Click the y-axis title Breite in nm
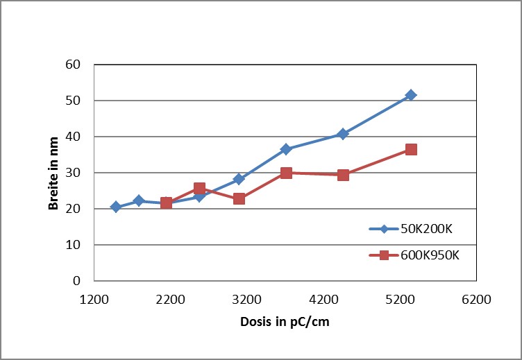[53, 173]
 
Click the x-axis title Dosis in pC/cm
[285, 323]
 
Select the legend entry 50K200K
[424, 228]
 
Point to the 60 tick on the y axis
[73, 65]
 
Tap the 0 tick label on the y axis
[77, 281]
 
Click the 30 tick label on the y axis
[73, 173]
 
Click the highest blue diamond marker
[411, 95]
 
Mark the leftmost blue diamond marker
[116, 207]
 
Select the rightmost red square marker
[411, 149]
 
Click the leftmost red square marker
[166, 203]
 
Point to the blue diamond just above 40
[342, 134]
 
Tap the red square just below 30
[342, 175]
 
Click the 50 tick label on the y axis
[73, 101]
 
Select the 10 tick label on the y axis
[73, 245]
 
